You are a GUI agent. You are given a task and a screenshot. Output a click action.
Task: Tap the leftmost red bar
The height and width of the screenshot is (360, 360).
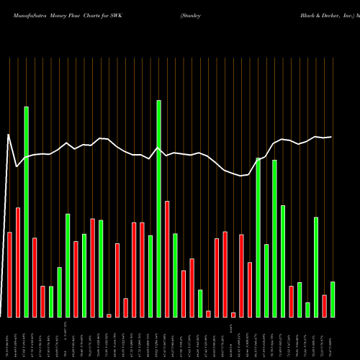9,274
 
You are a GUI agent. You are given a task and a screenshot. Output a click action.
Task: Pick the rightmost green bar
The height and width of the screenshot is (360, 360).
332,299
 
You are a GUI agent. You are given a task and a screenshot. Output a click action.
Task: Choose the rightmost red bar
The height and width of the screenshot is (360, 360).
324,306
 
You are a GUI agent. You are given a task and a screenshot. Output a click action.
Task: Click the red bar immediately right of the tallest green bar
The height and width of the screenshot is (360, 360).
35,277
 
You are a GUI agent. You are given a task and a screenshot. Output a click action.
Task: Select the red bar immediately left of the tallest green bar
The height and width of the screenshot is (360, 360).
18,262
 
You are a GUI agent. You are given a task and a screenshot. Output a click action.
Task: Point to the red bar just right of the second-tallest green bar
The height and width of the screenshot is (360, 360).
167,258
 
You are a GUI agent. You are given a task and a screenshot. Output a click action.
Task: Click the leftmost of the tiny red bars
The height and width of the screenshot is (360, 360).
109,315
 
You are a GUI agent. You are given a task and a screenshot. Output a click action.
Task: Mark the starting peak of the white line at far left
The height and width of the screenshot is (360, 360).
9,135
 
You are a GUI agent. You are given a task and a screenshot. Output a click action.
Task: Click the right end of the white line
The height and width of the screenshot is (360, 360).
331,137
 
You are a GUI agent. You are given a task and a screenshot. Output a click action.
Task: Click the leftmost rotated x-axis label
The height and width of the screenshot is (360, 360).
9,338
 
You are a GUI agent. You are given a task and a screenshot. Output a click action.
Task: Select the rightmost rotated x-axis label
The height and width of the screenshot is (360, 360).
332,338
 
